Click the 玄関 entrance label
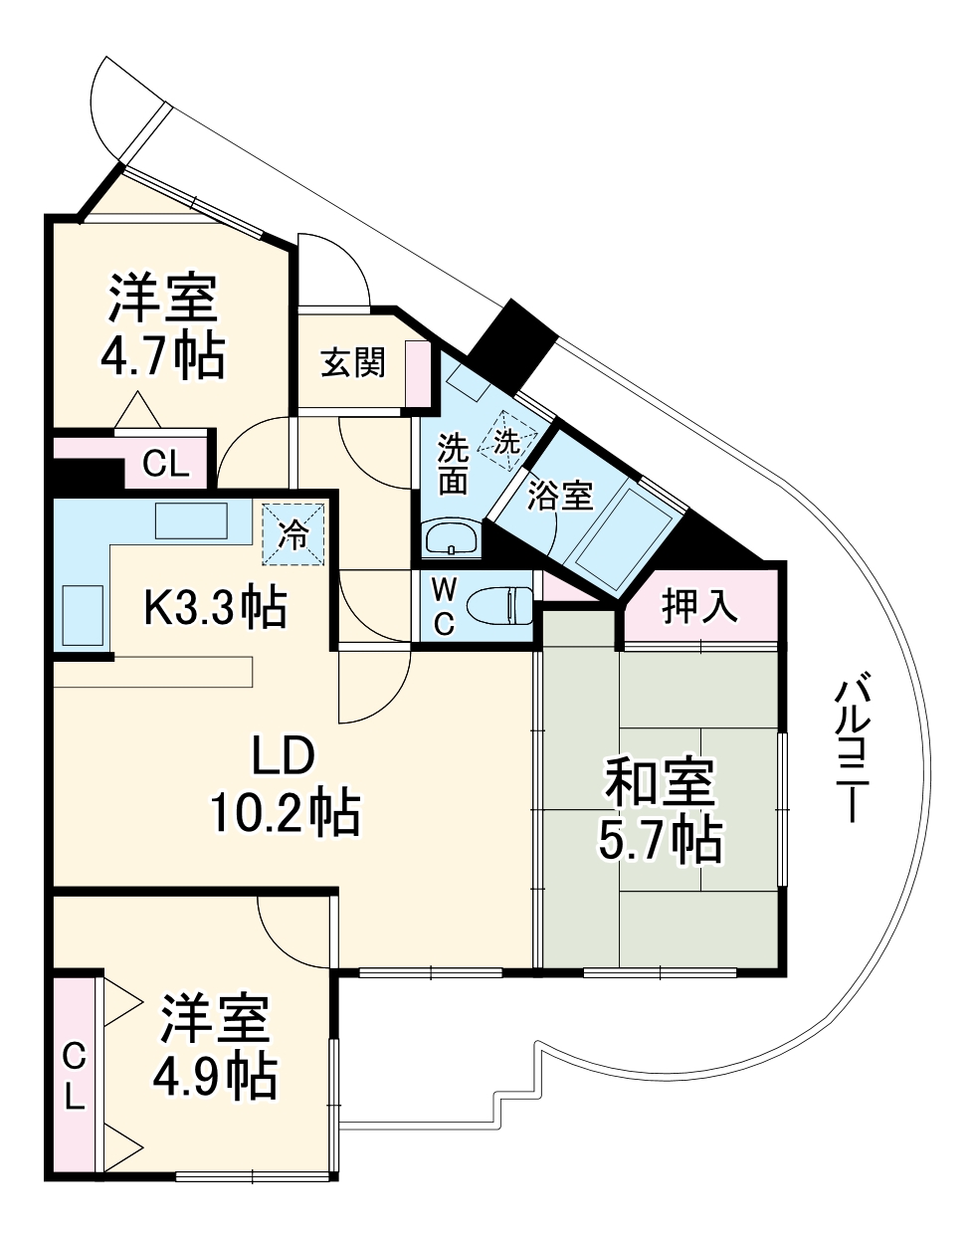click(x=352, y=364)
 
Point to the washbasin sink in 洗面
click(x=452, y=540)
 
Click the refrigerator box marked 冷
click(x=294, y=532)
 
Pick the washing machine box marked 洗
click(x=506, y=441)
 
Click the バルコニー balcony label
click(x=852, y=747)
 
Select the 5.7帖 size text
click(x=660, y=841)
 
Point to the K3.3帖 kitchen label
click(x=215, y=607)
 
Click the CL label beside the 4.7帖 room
click(x=166, y=464)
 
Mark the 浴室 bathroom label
click(x=560, y=495)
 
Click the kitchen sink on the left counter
click(x=84, y=615)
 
